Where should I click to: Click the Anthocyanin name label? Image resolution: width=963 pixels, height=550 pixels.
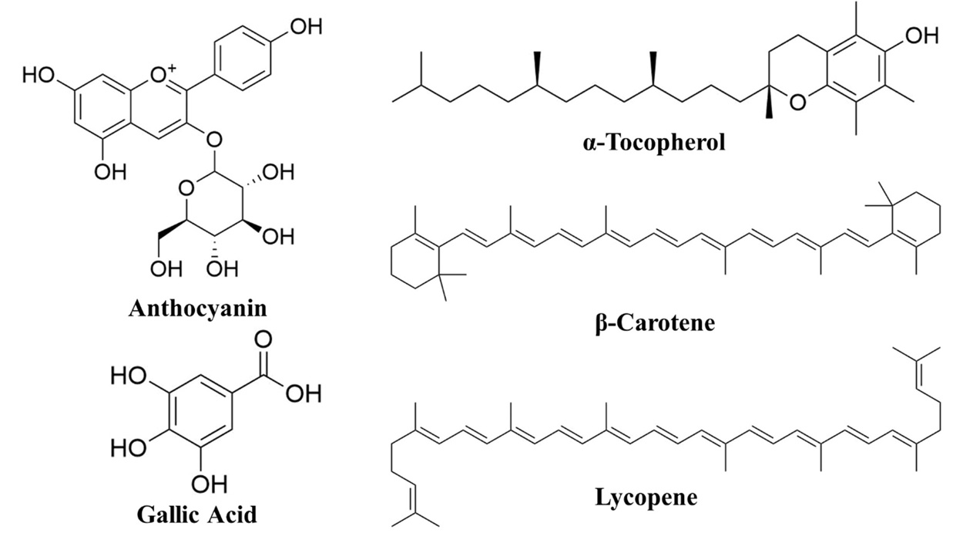(198, 309)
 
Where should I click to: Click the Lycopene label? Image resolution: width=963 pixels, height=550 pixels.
(646, 497)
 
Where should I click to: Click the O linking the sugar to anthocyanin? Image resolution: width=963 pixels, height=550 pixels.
(215, 140)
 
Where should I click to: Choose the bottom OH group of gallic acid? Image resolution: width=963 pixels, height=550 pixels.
(210, 484)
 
